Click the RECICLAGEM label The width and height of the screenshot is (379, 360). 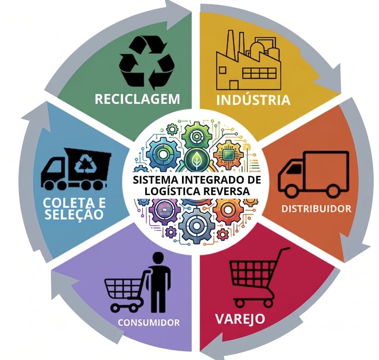[137, 98]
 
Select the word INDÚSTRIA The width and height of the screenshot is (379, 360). [253, 100]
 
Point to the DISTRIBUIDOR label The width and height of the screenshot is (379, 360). [316, 208]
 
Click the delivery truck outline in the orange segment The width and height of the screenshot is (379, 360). [313, 174]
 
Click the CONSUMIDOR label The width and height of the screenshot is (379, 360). [148, 323]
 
